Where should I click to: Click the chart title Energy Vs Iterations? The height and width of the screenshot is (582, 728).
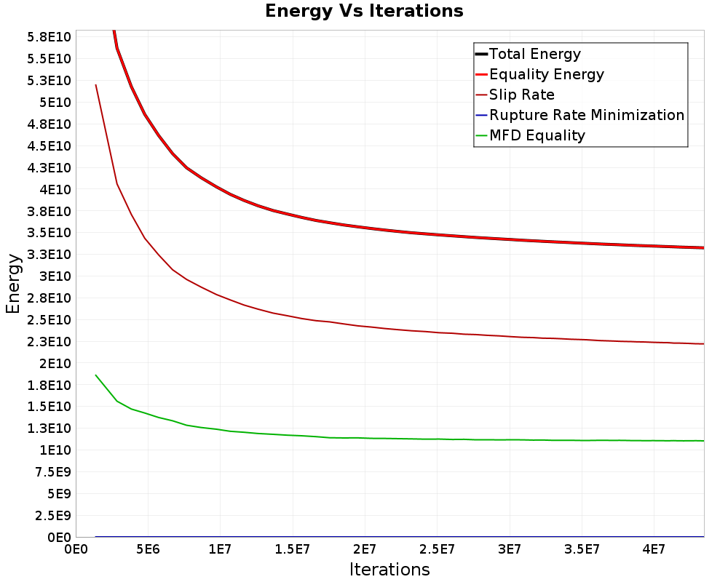coord(364,12)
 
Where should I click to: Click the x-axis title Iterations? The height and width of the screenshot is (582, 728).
coord(389,570)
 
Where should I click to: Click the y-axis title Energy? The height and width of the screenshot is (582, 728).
coord(13,284)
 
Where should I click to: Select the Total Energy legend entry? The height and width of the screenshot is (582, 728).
coord(535,54)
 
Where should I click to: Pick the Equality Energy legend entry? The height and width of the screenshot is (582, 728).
coord(547,74)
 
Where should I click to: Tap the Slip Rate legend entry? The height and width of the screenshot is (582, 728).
coord(522,95)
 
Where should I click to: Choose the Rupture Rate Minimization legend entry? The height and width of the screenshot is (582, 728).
coord(587,115)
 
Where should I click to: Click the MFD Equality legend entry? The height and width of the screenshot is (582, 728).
coord(537,135)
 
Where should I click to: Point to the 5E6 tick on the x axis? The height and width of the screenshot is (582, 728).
coord(149,547)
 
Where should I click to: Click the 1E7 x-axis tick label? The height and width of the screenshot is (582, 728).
coord(221,547)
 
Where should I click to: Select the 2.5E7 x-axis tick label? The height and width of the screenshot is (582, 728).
coord(437,547)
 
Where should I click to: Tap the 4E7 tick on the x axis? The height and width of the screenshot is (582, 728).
coord(653,547)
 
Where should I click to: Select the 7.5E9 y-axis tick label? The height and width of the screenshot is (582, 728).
coord(51,471)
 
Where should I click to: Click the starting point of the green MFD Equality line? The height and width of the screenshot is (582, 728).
coord(95,375)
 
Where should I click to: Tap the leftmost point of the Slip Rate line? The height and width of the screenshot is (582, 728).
coord(95,85)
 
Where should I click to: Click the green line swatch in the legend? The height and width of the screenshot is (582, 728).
coord(481,135)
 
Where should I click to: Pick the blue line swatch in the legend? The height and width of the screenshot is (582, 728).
coord(481,115)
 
